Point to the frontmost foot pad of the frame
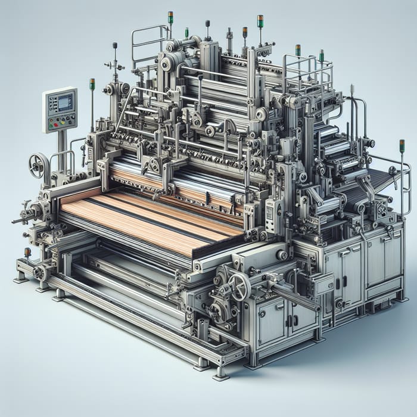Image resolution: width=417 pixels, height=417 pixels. (x=220, y=375)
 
